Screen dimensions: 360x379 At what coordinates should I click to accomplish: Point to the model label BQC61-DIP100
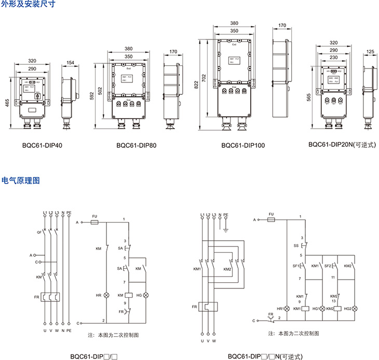242,146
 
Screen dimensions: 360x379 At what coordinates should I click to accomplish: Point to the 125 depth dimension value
370,51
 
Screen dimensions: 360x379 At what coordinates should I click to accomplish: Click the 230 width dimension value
334,58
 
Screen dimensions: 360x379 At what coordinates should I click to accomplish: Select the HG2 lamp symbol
355,308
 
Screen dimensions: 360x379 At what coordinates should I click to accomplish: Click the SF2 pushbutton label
328,266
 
